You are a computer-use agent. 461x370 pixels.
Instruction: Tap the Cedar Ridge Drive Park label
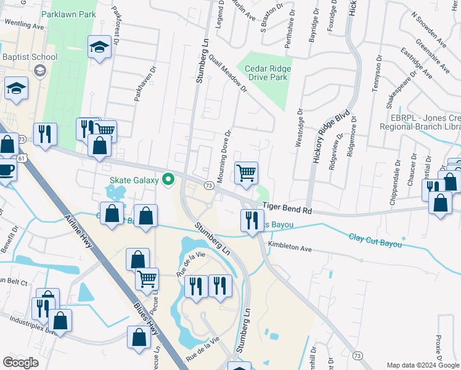(x=267, y=73)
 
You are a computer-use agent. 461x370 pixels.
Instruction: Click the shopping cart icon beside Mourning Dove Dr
(x=246, y=173)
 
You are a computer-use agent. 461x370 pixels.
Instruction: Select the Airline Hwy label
(x=80, y=233)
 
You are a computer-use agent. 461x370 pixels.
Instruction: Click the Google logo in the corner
(x=20, y=363)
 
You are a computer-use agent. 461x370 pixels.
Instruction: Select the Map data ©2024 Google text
(x=423, y=364)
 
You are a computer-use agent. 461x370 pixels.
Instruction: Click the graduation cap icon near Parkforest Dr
(x=99, y=48)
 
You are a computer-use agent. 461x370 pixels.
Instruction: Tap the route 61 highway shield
(x=22, y=158)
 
